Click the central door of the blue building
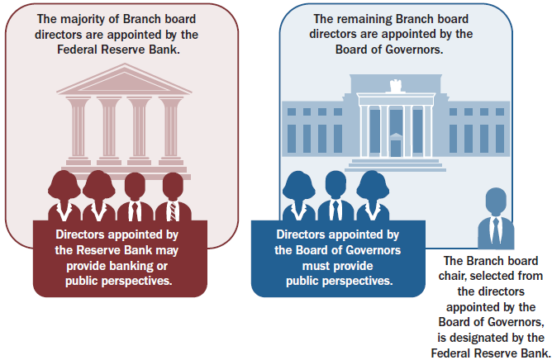pos(396,147)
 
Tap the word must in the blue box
pos(312,267)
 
